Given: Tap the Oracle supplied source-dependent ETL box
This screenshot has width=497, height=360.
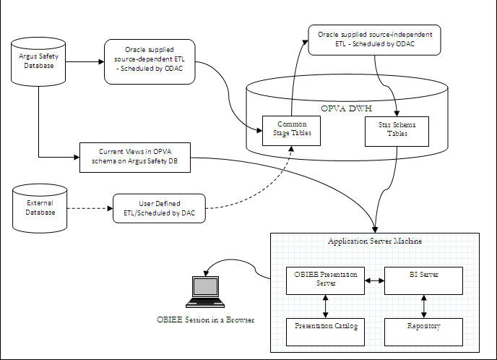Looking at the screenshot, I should click(x=149, y=61).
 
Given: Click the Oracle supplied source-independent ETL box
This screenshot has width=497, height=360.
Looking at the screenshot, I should click(x=374, y=40).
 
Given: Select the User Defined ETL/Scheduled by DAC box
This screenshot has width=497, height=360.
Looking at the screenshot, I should click(x=159, y=209).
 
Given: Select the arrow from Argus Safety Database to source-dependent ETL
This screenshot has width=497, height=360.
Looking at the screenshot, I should click(x=80, y=61).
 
